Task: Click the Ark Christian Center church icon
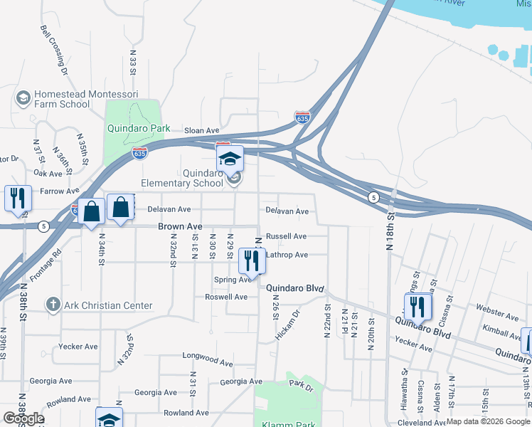tap(53, 305)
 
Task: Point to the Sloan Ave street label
tap(202, 131)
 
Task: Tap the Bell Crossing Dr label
tap(53, 51)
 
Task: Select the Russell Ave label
tap(286, 236)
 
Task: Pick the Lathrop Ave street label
tap(287, 255)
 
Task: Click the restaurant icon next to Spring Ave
tap(251, 260)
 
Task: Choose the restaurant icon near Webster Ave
tap(416, 307)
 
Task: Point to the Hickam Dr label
tap(287, 322)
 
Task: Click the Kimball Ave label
tap(501, 332)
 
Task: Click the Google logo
tap(23, 418)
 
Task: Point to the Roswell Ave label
tap(225, 297)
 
